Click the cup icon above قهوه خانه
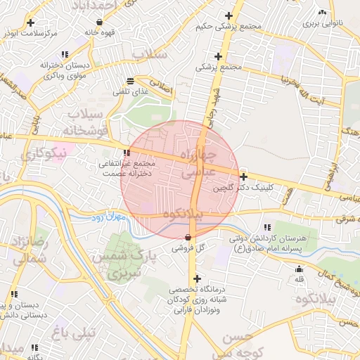101,22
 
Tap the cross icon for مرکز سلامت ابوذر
30,23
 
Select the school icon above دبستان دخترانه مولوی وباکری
65,54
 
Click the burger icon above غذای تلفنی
131,81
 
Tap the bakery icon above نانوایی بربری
322,13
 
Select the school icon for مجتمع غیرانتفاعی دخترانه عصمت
127,153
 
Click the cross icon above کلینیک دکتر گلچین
243,176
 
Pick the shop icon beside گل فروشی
188,237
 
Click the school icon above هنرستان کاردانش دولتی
267,227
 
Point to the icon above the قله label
300,268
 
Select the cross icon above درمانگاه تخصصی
197,278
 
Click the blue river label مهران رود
106,219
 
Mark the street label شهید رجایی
209,104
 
